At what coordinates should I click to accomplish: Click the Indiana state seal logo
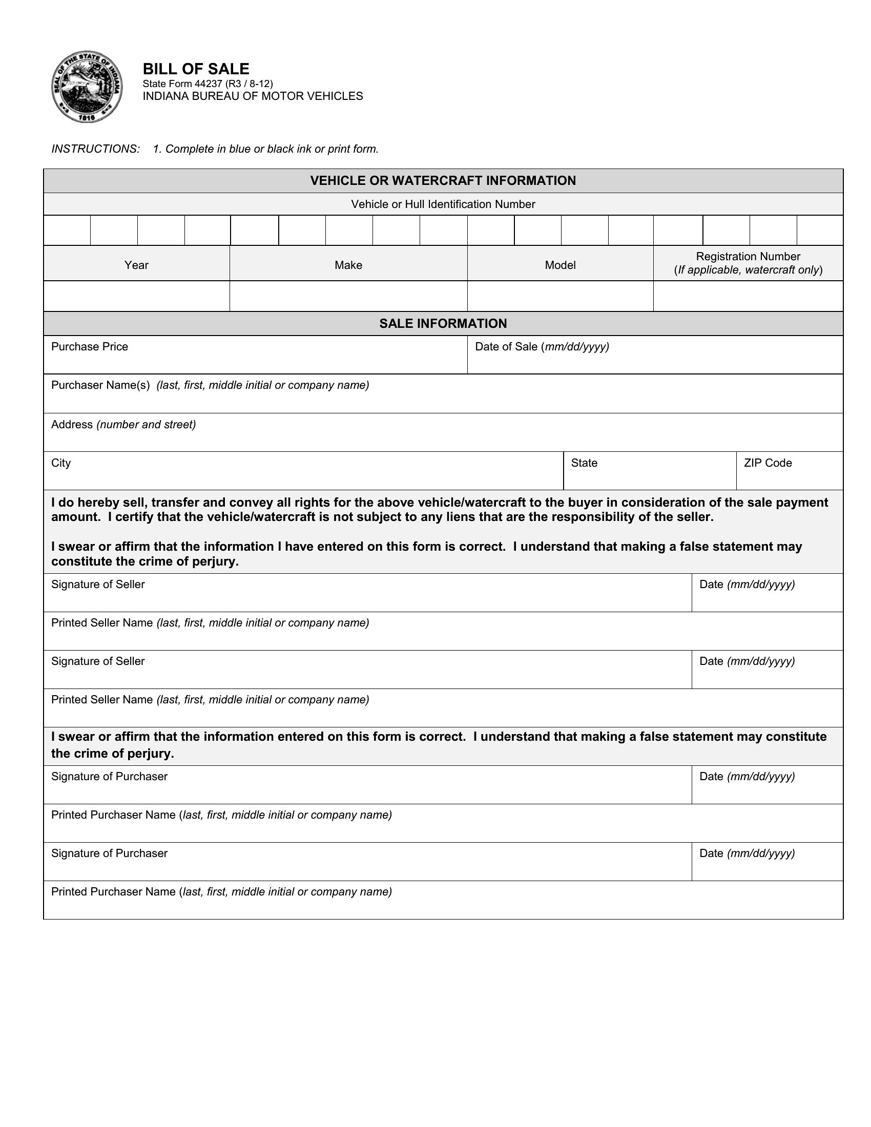pyautogui.click(x=87, y=87)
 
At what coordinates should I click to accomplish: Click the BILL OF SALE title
pyautogui.click(x=196, y=69)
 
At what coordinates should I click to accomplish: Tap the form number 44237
pyautogui.click(x=208, y=84)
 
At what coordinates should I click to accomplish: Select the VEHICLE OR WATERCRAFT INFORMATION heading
pyautogui.click(x=443, y=181)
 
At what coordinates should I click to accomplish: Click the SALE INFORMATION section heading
pyautogui.click(x=443, y=324)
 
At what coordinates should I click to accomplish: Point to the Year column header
pyautogui.click(x=136, y=265)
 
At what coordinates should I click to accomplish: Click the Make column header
pyautogui.click(x=348, y=265)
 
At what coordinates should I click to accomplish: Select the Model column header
pyautogui.click(x=560, y=265)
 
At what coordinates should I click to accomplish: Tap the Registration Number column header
pyautogui.click(x=748, y=257)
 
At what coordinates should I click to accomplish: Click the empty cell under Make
pyautogui.click(x=348, y=296)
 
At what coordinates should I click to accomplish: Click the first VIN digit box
pyautogui.click(x=67, y=230)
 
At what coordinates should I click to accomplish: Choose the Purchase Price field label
pyautogui.click(x=89, y=347)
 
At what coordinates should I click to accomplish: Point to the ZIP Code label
pyautogui.click(x=768, y=463)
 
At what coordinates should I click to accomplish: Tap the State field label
pyautogui.click(x=584, y=463)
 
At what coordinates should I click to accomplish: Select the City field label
pyautogui.click(x=61, y=463)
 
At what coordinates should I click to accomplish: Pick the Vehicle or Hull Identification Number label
pyautogui.click(x=443, y=204)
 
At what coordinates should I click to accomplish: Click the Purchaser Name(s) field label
pyautogui.click(x=100, y=385)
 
